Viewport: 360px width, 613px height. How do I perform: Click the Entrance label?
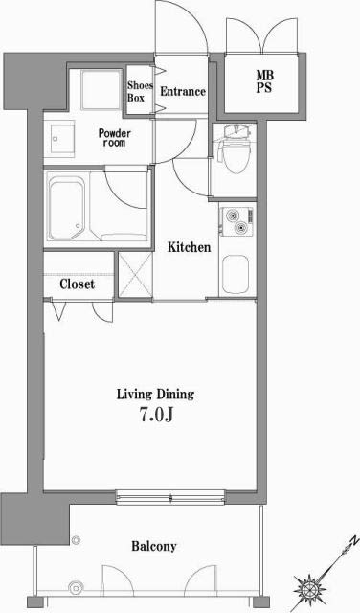(x=182, y=92)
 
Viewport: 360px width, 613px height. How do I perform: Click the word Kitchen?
(x=189, y=248)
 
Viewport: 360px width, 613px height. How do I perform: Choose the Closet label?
(x=78, y=284)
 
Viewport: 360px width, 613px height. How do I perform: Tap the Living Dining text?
(x=155, y=394)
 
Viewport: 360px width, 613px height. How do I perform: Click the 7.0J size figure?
(x=155, y=416)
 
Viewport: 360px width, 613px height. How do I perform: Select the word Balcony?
(x=154, y=547)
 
